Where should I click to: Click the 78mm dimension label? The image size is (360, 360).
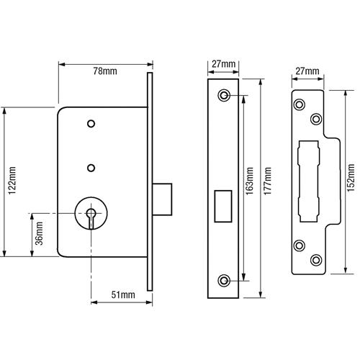pos(105,71)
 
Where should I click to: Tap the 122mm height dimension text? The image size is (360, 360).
pos(12,181)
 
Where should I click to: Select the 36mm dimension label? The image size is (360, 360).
pos(39,233)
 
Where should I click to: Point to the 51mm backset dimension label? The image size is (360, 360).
pos(123,294)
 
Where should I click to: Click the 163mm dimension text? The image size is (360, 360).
pos(250,181)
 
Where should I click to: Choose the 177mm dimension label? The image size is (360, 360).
pos(268,181)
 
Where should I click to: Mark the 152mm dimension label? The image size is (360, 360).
pos(351,178)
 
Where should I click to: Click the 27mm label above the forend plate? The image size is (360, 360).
pos(223,64)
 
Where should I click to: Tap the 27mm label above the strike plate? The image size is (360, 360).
pos(307,71)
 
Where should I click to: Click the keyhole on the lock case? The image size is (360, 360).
pos(91,217)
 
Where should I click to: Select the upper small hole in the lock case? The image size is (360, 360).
pos(91,124)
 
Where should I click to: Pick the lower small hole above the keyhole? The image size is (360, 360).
pos(91,168)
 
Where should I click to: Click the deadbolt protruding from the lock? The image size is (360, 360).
pos(162,199)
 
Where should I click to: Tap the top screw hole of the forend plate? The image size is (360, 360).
pos(224,95)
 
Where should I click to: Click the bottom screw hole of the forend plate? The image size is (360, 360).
pos(224,280)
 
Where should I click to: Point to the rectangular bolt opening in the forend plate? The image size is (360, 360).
pos(223,206)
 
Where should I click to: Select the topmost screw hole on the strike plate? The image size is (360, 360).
pos(300,104)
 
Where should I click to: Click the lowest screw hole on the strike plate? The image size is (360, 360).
pos(316,260)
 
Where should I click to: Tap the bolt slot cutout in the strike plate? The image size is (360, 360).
pos(309,181)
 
